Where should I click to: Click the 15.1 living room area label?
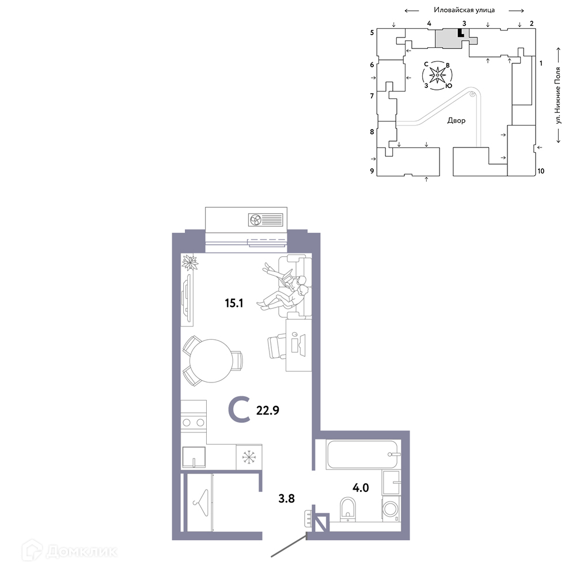[x=234, y=303]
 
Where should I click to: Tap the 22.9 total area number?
[x=267, y=410]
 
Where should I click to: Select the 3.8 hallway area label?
[x=286, y=498]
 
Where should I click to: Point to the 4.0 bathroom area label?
[x=361, y=487]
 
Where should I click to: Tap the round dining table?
[x=211, y=361]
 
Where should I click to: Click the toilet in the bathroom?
[x=347, y=509]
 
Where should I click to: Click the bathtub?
[x=362, y=454]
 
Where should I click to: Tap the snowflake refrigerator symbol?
[x=249, y=457]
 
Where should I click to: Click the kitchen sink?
[x=194, y=457]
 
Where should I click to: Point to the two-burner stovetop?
[x=194, y=422]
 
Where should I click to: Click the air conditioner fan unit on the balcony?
[x=266, y=220]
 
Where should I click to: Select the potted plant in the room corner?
[x=190, y=262]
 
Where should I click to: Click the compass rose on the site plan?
[x=437, y=75]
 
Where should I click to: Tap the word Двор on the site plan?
[x=456, y=120]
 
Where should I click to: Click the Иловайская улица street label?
[x=464, y=10]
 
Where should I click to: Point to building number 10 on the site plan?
[x=541, y=171]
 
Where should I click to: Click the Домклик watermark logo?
[x=70, y=551]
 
